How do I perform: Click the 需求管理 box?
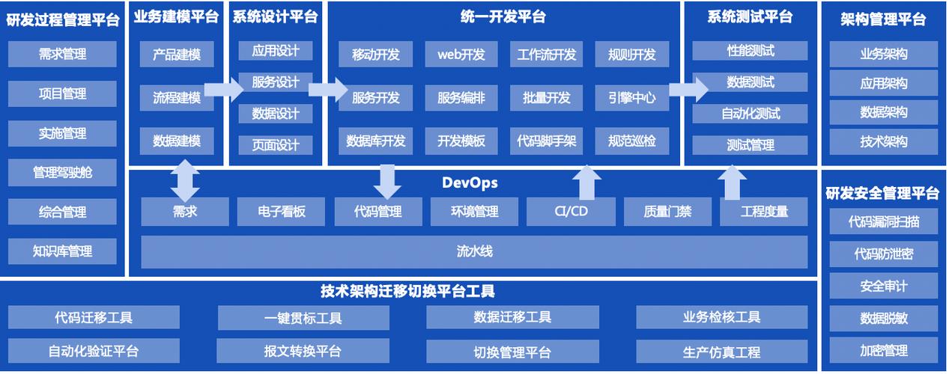[x=63, y=54]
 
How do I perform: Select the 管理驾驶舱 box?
[x=63, y=172]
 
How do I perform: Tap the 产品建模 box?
[x=177, y=54]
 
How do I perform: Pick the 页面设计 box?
[x=276, y=144]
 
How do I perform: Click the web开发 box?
[x=461, y=54]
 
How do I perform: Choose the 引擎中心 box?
[x=632, y=97]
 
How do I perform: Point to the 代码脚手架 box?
[x=547, y=141]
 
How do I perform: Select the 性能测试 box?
[x=750, y=51]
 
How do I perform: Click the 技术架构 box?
[x=884, y=141]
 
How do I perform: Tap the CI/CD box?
[x=571, y=212]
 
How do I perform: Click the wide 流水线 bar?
[x=474, y=252]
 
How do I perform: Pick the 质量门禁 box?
[x=667, y=212]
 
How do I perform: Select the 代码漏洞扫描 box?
[x=884, y=221]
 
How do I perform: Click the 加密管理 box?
[x=884, y=350]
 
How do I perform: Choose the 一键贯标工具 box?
[x=303, y=317]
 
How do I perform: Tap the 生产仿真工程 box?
[x=722, y=351]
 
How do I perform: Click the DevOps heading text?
[x=470, y=183]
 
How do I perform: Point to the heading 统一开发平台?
[x=503, y=16]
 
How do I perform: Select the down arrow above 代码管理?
[x=386, y=181]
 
